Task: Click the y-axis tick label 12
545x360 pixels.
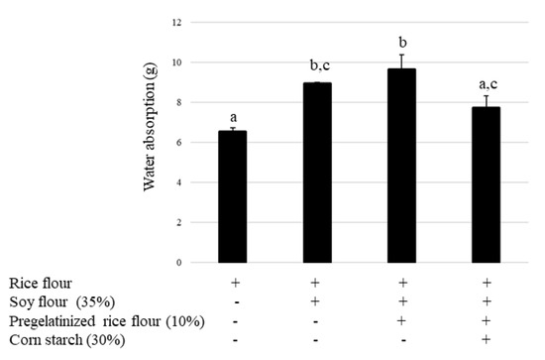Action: tap(177, 22)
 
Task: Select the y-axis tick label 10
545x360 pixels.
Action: tap(177, 62)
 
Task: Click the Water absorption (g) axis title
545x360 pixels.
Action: tap(150, 142)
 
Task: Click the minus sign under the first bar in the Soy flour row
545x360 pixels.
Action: tap(232, 301)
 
